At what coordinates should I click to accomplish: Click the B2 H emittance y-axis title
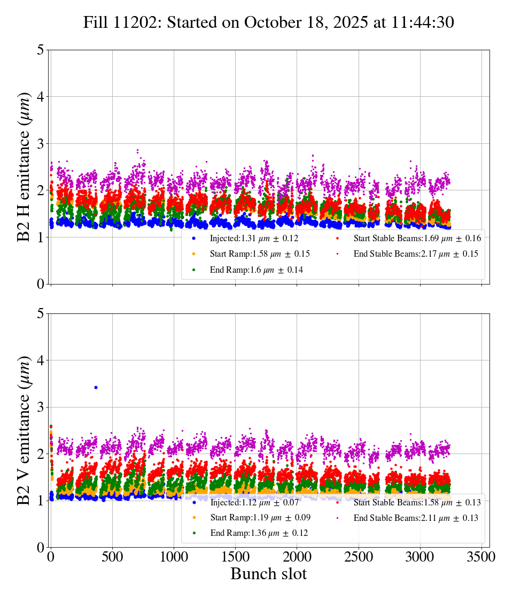(24, 166)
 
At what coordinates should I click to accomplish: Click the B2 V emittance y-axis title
(24, 430)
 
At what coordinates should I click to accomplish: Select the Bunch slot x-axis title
(269, 574)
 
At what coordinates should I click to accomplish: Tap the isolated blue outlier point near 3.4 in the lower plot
(96, 387)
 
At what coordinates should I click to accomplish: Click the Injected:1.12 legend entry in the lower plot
(254, 502)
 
